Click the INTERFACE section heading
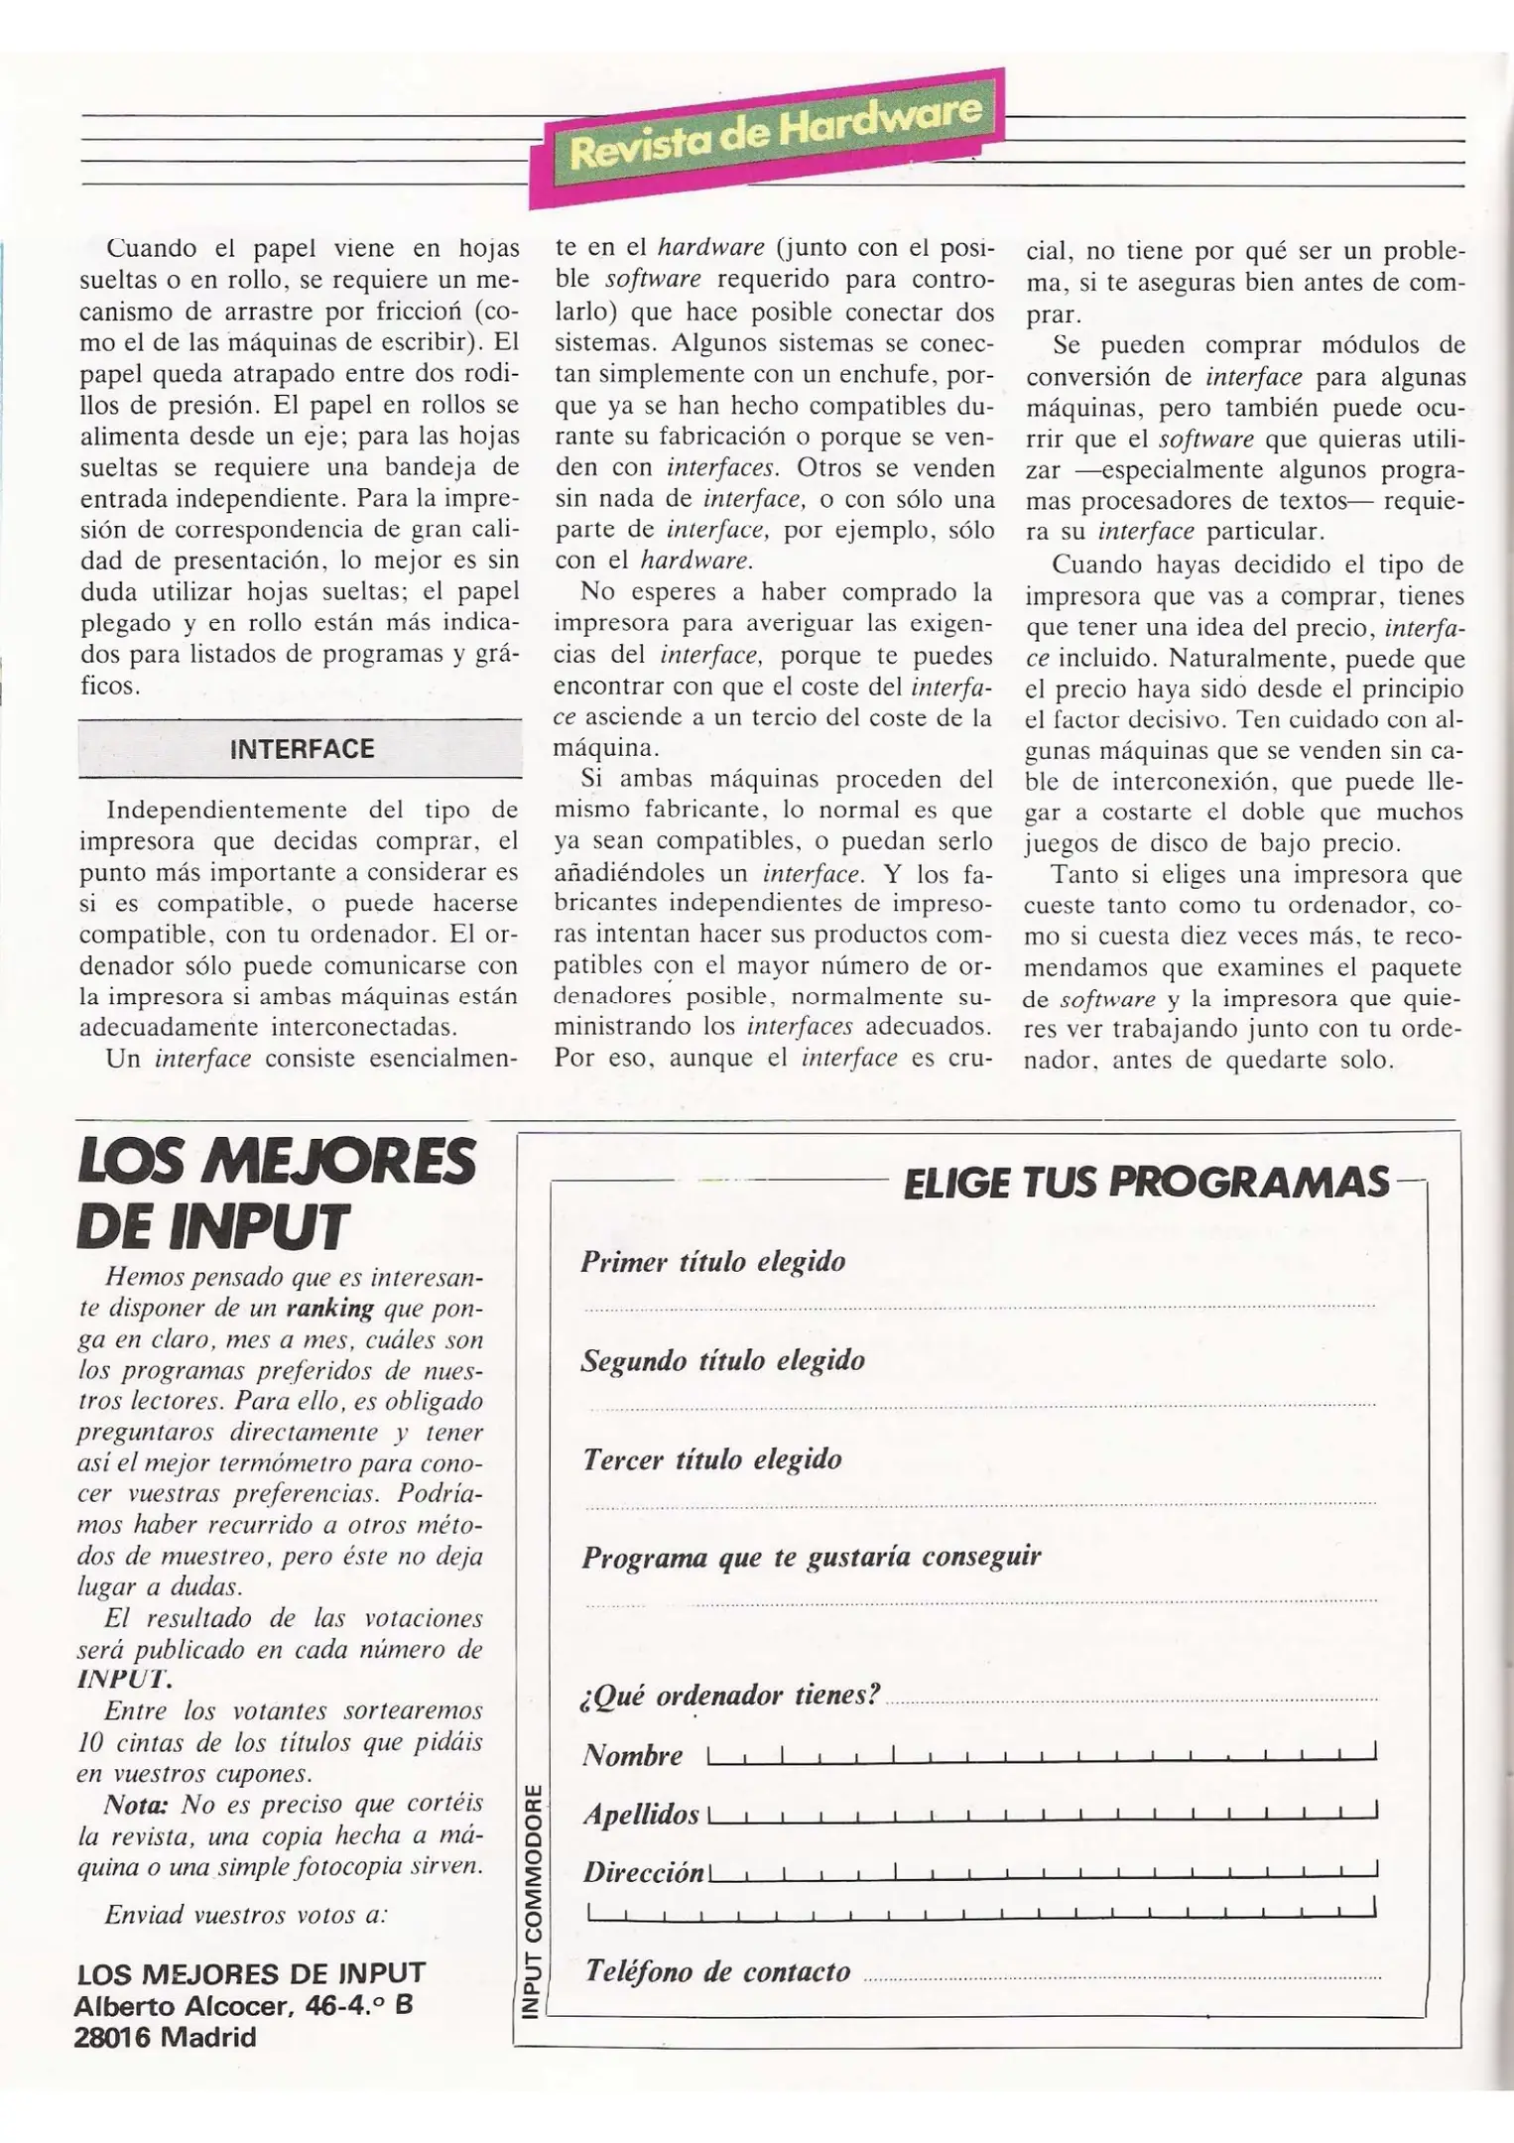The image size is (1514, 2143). pos(301,749)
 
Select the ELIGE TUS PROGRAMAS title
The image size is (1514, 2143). pos(1147,1182)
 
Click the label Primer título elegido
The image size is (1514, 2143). pos(712,1262)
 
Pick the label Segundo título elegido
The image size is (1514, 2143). pos(722,1360)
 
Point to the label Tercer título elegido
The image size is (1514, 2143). pos(711,1459)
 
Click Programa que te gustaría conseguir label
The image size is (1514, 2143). pos(811,1557)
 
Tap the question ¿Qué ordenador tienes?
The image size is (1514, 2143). pos(729,1695)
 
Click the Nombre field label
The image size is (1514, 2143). pos(632,1756)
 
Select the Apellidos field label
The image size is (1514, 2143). pos(641,1815)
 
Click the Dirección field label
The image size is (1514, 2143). pos(643,1873)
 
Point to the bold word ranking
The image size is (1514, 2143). pos(329,1309)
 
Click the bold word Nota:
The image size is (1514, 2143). pos(136,1803)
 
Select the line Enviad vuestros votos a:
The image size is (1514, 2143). pos(245,1914)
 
